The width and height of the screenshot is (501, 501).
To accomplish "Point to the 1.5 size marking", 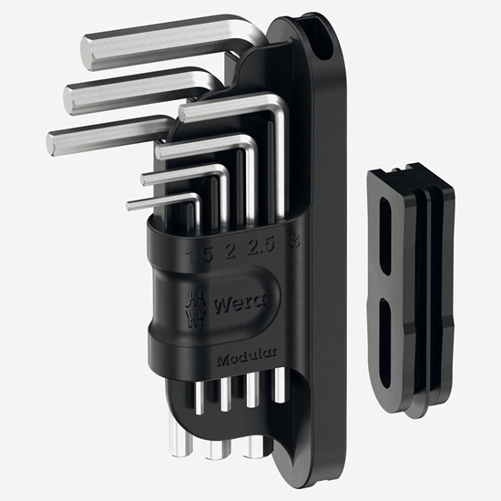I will coord(193,254).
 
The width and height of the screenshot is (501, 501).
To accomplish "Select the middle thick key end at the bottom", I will coord(216,448).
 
